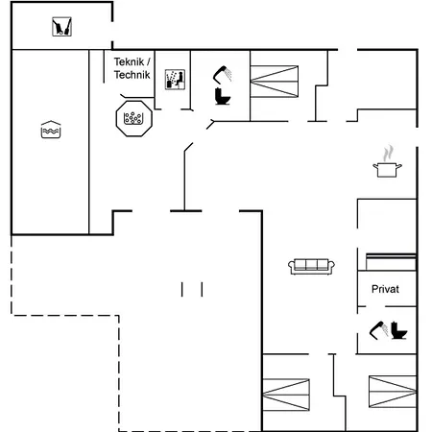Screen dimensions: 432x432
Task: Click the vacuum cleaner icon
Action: pos(61,27)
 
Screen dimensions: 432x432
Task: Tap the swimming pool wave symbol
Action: pos(51,132)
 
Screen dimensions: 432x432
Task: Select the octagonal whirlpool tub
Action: pos(134,118)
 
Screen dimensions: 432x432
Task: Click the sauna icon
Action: pos(175,80)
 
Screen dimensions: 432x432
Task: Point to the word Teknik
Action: pos(129,61)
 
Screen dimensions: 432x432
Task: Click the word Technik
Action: pos(132,75)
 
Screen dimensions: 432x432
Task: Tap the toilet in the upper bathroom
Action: pos(223,96)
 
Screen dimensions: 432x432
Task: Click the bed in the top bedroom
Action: pos(275,82)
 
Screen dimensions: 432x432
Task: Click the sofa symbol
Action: pos(311,267)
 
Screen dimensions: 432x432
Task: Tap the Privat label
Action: pos(385,289)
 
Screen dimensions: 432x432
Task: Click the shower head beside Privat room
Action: pos(379,330)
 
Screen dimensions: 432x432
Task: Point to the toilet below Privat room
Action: pos(399,330)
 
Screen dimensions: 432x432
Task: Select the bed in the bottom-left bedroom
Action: pos(286,395)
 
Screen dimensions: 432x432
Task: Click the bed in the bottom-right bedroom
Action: pos(393,392)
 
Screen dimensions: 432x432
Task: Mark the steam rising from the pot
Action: pos(388,154)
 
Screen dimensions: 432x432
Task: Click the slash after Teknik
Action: pos(148,61)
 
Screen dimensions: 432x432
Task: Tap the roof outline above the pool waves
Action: pos(51,124)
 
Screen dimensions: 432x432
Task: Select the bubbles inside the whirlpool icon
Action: pos(133,118)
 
